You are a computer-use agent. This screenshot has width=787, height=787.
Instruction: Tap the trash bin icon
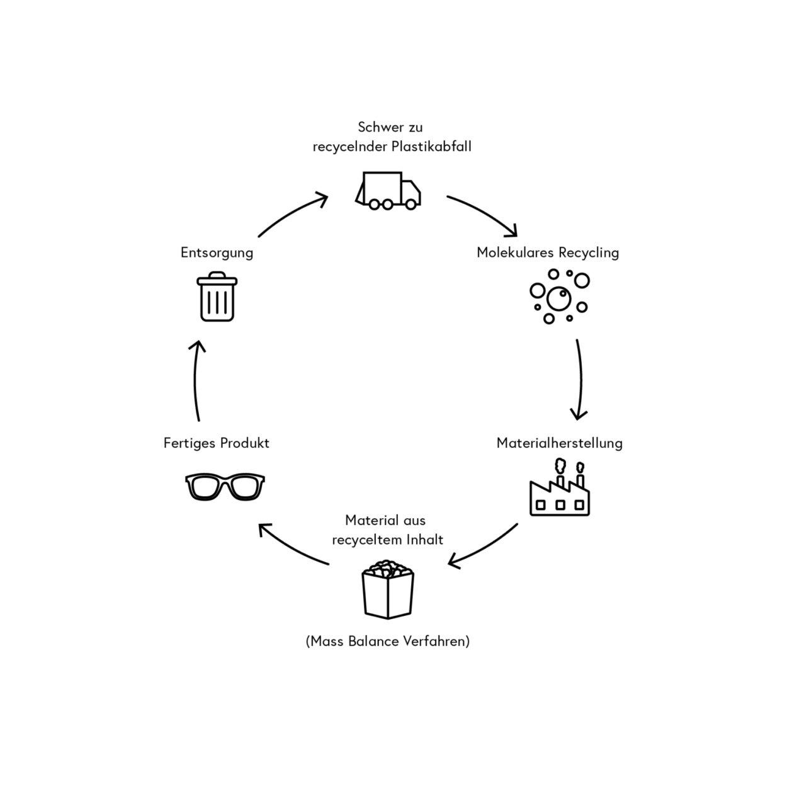click(217, 297)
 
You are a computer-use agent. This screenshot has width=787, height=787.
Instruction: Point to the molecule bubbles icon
click(558, 296)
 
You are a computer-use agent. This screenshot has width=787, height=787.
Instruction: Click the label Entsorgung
click(217, 252)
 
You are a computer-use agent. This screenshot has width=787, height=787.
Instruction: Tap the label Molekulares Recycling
click(548, 252)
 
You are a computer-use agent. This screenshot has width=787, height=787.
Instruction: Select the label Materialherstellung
click(559, 443)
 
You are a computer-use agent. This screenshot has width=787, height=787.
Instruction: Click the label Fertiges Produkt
click(217, 443)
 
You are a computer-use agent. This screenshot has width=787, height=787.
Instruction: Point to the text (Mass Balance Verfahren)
click(388, 641)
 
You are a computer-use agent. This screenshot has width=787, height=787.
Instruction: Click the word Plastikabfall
click(431, 147)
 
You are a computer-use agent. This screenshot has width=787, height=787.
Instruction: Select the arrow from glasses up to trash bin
click(196, 381)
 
